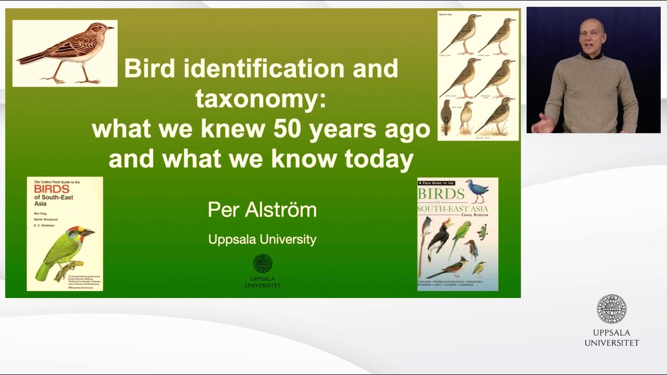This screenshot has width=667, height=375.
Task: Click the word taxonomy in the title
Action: (261, 98)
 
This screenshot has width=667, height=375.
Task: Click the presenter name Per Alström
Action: (262, 210)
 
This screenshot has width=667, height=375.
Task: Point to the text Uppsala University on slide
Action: (262, 240)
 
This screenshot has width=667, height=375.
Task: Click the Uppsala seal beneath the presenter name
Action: (263, 264)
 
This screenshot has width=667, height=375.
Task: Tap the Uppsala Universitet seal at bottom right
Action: (611, 309)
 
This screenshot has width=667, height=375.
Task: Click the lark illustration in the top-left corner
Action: (65, 53)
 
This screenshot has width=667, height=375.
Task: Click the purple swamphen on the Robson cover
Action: (478, 191)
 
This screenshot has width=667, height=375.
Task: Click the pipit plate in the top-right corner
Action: (478, 76)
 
